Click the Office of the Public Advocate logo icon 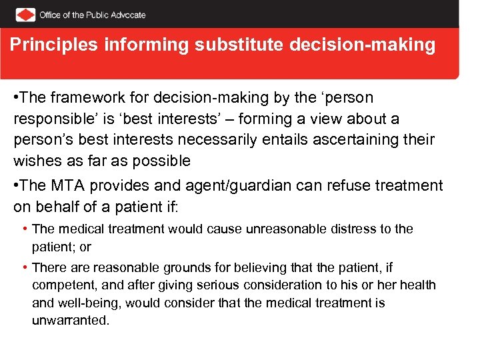coord(25,14)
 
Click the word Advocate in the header coord(123,15)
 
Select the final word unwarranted coord(70,320)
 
